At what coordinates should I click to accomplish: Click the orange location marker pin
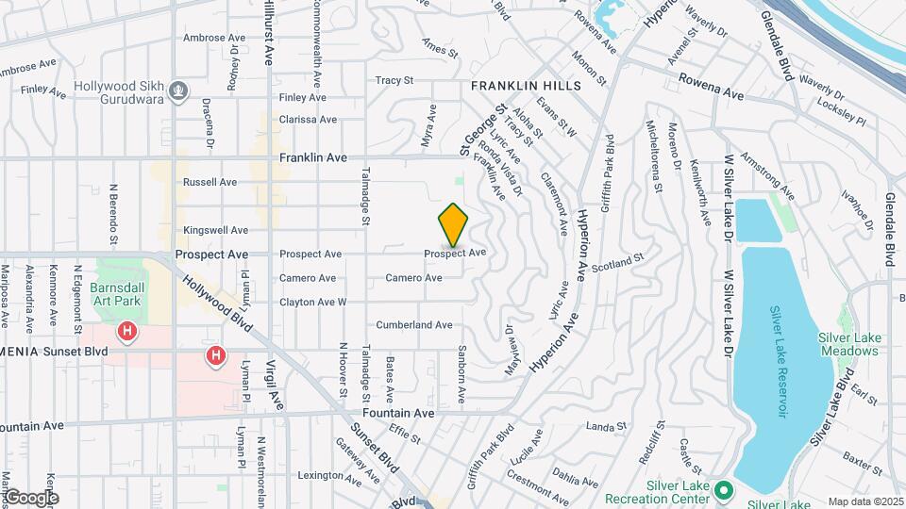point(454,225)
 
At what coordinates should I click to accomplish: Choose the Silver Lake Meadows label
point(848,344)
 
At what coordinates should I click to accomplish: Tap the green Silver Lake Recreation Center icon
point(724,489)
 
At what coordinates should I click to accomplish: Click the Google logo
point(30,498)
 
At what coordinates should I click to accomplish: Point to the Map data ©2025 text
point(864,501)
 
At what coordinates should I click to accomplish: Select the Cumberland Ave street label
point(414,325)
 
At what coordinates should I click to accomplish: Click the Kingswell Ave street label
point(215,230)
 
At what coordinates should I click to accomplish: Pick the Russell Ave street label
point(210,182)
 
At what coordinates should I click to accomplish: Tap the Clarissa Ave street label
point(308,120)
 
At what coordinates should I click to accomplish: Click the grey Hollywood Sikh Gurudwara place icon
point(178,90)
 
